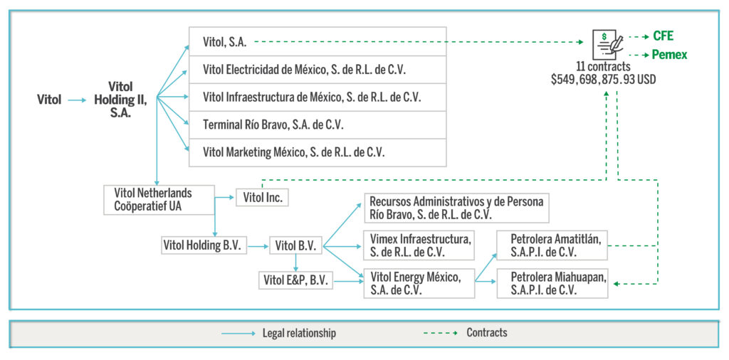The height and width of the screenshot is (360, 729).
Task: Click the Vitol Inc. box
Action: pos(262,197)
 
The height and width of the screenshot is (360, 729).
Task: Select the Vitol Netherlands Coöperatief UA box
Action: pos(159,200)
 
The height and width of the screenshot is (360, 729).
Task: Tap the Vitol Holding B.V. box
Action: pos(204,245)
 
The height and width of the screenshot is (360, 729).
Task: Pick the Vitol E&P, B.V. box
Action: pos(296,280)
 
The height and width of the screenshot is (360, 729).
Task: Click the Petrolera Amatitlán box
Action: pos(552,245)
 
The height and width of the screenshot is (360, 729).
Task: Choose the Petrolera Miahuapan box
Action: pos(552,283)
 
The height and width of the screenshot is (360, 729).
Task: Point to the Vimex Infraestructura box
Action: pos(419,245)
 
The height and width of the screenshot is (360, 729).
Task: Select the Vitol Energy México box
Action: pos(419,283)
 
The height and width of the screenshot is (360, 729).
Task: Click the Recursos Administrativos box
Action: pos(456,208)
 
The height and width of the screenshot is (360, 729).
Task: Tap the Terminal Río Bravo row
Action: pos(318,125)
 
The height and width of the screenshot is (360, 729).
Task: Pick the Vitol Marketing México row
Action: pos(318,152)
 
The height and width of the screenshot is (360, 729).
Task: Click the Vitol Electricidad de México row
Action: pos(318,70)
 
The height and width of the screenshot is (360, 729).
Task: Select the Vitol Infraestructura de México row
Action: pos(318,97)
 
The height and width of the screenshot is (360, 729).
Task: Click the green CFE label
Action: pos(663,36)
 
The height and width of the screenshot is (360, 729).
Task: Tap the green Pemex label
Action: pos(669,55)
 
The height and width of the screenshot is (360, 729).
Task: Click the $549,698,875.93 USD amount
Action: pos(604,80)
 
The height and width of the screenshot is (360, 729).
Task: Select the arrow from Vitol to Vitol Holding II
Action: pos(77,100)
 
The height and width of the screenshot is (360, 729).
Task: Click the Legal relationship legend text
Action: pos(299,333)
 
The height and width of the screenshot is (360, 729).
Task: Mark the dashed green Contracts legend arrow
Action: pos(440,333)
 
